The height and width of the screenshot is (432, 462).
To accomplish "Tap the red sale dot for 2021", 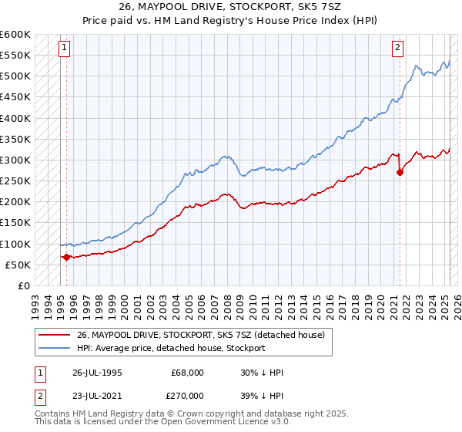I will [400, 173].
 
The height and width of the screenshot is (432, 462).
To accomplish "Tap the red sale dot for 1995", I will [66, 257].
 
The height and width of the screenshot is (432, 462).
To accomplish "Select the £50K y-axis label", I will [18, 265].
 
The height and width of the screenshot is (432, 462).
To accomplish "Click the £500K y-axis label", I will [15, 76].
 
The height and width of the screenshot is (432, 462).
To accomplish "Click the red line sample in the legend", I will [54, 335].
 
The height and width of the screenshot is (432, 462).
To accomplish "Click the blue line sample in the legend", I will [54, 348].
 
